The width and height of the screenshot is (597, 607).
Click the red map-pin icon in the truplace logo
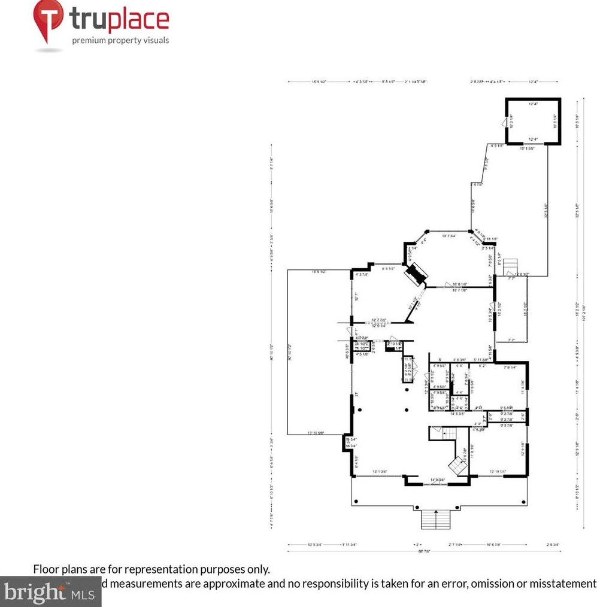point(49,18)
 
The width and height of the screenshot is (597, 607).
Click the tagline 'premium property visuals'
point(120,41)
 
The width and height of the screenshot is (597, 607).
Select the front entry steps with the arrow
point(435,518)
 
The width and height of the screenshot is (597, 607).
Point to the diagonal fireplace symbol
point(416,275)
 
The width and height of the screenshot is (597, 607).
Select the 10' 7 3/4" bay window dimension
point(448,236)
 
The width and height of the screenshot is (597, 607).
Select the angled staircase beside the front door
point(459,464)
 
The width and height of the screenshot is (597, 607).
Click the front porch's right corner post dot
point(524,500)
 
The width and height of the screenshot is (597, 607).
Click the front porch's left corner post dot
point(357,500)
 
